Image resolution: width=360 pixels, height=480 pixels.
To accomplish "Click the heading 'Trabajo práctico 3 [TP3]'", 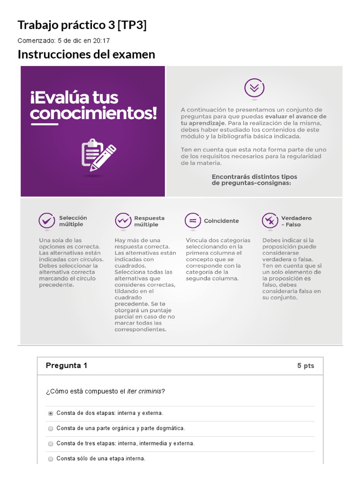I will pyautogui.click(x=82, y=25).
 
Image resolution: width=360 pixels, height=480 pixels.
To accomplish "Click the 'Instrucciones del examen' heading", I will pyautogui.click(x=86, y=55).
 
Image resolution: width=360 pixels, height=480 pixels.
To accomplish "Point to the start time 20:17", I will pyautogui.click(x=102, y=40).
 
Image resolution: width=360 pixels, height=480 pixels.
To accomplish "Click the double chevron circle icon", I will pyautogui.click(x=254, y=88).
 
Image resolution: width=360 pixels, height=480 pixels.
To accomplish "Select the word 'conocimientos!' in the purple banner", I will pyautogui.click(x=94, y=113).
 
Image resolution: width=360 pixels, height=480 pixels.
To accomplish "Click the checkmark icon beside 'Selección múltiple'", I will pyautogui.click(x=46, y=220).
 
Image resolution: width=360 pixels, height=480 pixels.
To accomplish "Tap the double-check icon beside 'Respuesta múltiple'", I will pyautogui.click(x=123, y=220).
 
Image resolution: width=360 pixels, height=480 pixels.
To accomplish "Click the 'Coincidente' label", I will pyautogui.click(x=221, y=221).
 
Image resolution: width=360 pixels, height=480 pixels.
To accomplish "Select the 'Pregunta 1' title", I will pyautogui.click(x=67, y=366).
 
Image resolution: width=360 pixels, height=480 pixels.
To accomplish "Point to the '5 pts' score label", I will pyautogui.click(x=306, y=366).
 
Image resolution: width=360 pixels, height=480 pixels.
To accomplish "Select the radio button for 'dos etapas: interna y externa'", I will pyautogui.click(x=51, y=413).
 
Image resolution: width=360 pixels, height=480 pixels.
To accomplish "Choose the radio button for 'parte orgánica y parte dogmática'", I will pyautogui.click(x=51, y=428).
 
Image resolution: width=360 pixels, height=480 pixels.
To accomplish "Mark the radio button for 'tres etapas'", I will pyautogui.click(x=51, y=443).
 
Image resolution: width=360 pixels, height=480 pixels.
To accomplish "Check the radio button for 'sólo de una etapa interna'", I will pyautogui.click(x=51, y=459).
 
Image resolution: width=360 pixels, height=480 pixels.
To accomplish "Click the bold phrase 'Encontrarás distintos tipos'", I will pyautogui.click(x=254, y=177).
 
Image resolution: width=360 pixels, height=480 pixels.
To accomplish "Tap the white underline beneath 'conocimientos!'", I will pyautogui.click(x=44, y=124).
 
